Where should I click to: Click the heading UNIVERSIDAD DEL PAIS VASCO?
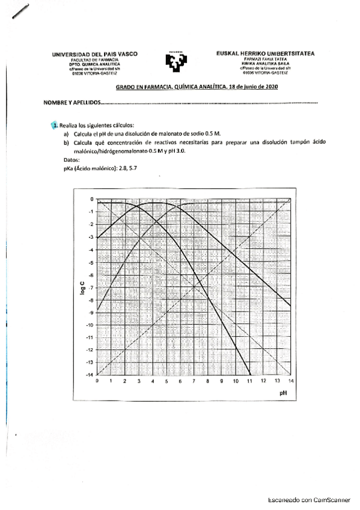[95, 54]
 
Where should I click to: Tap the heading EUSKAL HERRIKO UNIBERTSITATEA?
[265, 54]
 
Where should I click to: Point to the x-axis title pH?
[284, 393]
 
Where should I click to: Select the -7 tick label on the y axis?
[90, 287]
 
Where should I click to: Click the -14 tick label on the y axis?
[90, 375]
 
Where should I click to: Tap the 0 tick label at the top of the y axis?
[92, 199]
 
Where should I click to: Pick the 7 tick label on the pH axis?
[194, 382]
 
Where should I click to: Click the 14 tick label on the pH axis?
[291, 382]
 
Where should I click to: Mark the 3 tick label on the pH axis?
[138, 382]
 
